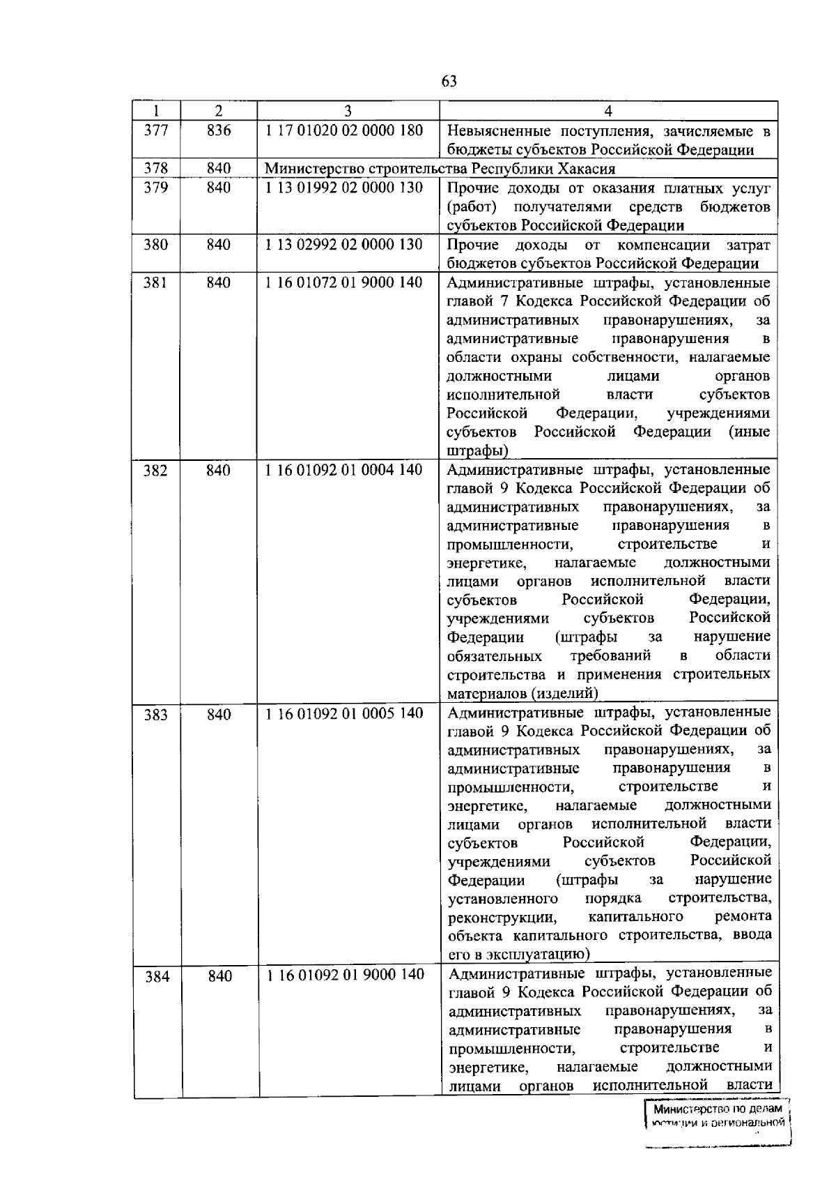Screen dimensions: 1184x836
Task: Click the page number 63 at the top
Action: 449,82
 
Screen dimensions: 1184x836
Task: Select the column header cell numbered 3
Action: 348,111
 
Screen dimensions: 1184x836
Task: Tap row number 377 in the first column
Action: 155,130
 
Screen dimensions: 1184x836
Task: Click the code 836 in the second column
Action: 219,130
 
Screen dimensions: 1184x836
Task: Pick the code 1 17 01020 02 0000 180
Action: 344,130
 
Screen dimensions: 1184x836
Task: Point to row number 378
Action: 155,169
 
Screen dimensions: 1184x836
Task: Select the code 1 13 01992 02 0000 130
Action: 344,188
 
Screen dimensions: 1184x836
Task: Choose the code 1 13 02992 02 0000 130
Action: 344,245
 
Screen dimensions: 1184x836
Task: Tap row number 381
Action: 155,283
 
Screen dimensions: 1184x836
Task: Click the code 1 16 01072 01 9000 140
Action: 344,283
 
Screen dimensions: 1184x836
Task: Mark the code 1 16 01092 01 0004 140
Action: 344,470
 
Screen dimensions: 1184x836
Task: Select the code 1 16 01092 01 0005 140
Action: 344,713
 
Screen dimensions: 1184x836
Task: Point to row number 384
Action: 157,976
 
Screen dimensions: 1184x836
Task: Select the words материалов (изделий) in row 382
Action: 522,694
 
